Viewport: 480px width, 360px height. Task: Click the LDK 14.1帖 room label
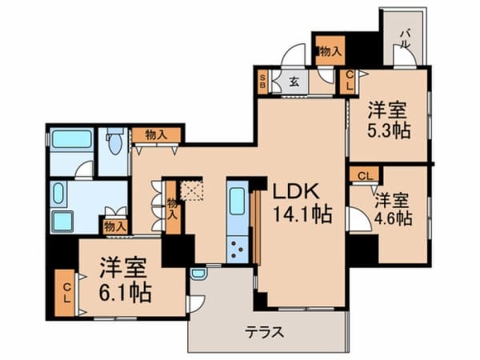(x=302, y=202)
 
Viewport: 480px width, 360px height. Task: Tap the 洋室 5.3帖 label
(x=389, y=120)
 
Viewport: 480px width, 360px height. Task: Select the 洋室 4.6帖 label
(x=394, y=209)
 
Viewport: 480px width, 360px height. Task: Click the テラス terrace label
(x=265, y=332)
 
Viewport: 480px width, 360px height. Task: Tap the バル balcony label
(x=406, y=39)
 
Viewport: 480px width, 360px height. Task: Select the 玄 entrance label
(x=294, y=82)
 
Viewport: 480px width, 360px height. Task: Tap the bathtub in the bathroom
(x=72, y=138)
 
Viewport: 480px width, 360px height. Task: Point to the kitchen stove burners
(x=238, y=249)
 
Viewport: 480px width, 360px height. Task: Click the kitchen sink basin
(x=237, y=201)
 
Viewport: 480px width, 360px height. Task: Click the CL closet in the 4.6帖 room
(x=365, y=176)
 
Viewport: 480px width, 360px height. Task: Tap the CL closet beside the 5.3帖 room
(x=349, y=81)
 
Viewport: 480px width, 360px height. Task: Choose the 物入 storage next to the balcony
(x=330, y=50)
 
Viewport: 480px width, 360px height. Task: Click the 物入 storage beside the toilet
(x=156, y=135)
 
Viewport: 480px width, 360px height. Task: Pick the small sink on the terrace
(x=198, y=273)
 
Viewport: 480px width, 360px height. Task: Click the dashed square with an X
(x=191, y=190)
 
